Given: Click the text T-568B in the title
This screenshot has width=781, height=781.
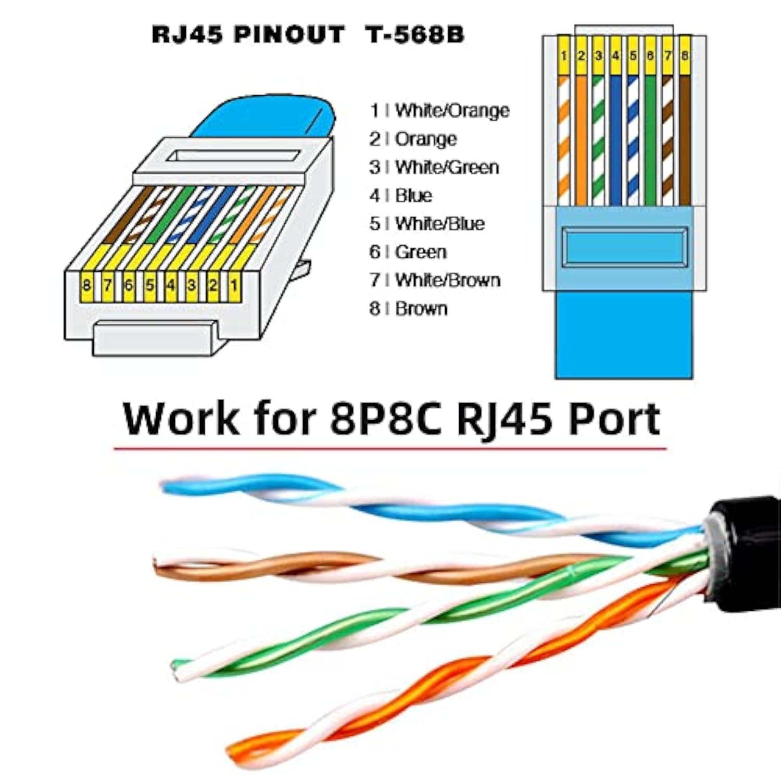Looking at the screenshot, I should [x=414, y=35].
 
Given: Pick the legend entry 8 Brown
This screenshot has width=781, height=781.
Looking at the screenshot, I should [x=409, y=309].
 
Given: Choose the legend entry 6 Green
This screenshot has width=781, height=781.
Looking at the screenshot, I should [x=408, y=252].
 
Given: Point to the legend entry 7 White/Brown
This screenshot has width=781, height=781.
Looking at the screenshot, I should [x=435, y=280].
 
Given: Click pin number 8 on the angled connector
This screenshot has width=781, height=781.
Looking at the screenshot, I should [x=86, y=285].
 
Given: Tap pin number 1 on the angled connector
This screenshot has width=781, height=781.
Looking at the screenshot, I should [x=234, y=285].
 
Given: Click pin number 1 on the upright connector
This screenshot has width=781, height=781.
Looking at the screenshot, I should [x=564, y=55].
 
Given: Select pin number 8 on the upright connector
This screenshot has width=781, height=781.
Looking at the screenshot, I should [x=685, y=55].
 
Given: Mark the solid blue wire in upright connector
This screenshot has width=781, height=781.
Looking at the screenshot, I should [x=616, y=141].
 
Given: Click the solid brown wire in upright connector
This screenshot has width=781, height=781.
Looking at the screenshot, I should [x=685, y=141].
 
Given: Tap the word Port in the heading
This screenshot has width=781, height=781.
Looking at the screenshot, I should [x=614, y=419].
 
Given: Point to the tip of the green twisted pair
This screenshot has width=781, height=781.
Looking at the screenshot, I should [x=180, y=669].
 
